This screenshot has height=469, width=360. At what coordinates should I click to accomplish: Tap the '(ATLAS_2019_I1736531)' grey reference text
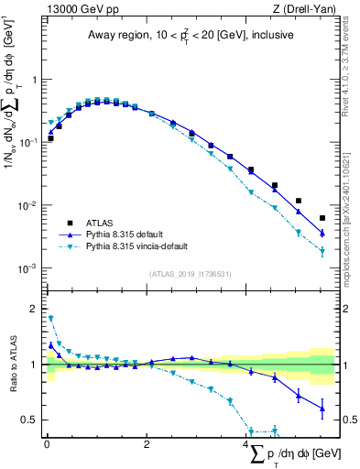(190, 274)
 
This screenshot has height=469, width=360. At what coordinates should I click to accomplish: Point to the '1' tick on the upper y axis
(36, 80)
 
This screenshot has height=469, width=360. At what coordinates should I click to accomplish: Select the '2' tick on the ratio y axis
(36, 309)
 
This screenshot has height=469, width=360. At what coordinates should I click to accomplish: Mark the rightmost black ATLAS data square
(322, 218)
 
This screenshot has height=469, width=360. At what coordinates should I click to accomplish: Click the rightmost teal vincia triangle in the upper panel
(322, 252)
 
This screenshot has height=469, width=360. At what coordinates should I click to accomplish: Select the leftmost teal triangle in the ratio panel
(50, 319)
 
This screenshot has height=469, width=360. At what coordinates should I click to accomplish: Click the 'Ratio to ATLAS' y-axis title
(11, 365)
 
